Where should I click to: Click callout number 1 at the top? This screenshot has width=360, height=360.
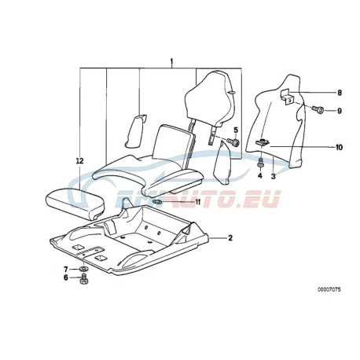tap(171, 62)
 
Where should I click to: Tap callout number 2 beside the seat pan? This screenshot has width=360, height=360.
tap(230, 238)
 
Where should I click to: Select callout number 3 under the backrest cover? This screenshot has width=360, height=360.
tap(274, 176)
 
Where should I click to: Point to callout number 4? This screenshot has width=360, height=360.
tap(259, 175)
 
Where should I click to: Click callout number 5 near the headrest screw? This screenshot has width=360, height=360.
tap(236, 130)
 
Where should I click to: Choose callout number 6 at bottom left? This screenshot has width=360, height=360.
tap(66, 277)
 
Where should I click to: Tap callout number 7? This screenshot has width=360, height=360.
tap(66, 269)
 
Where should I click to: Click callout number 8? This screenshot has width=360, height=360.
tap(340, 93)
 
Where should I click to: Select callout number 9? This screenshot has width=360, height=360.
tap(340, 111)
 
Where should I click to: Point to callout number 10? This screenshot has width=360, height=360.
tap(339, 148)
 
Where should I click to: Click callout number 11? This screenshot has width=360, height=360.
tap(197, 202)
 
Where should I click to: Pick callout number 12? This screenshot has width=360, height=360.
tap(79, 161)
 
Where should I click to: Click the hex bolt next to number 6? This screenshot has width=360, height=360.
tap(83, 279)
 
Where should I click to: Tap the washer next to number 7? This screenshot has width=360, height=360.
tap(83, 269)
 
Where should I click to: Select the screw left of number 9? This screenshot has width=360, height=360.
tap(318, 109)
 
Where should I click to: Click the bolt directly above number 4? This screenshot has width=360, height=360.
tap(260, 163)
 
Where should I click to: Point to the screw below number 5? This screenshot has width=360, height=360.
tap(233, 142)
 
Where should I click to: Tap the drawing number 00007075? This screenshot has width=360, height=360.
tap(329, 289)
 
